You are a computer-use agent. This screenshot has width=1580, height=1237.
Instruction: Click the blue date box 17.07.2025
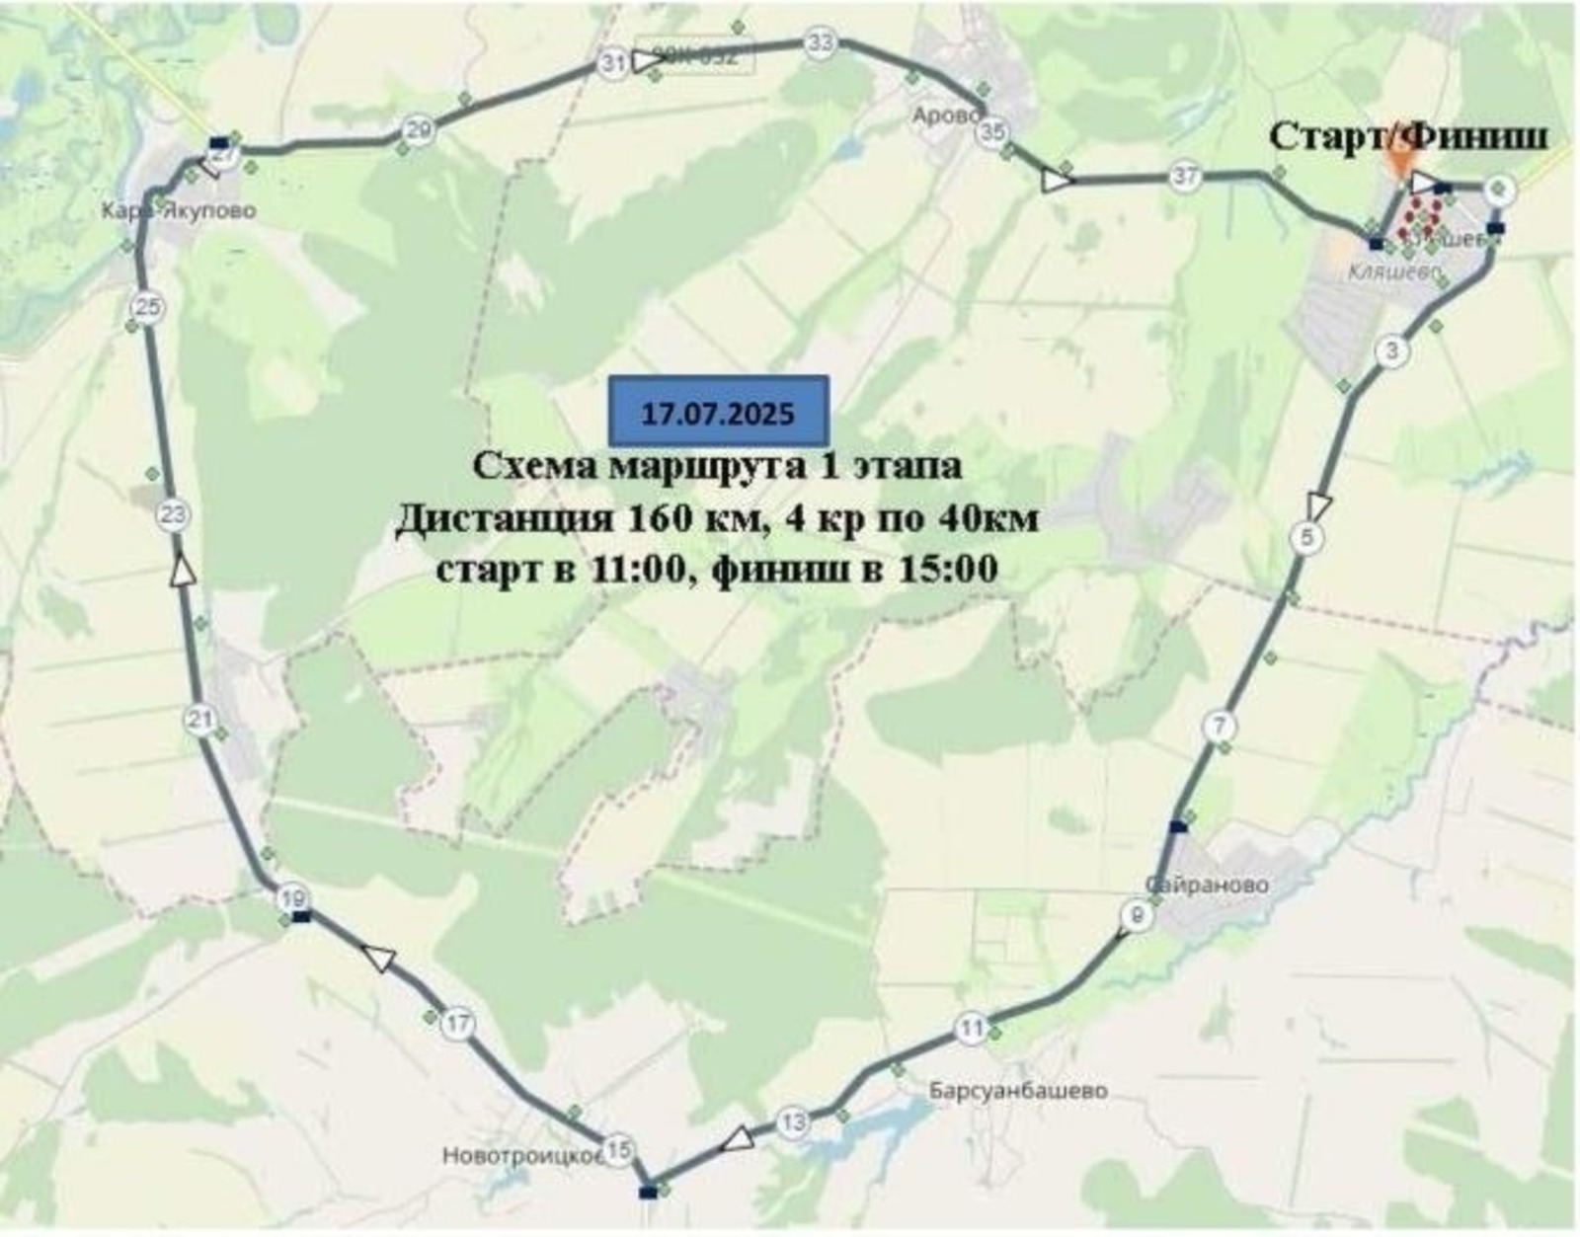click(x=718, y=412)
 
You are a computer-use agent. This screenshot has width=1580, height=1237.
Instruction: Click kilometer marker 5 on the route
click(x=1307, y=538)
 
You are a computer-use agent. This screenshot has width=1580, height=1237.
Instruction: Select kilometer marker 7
click(x=1220, y=727)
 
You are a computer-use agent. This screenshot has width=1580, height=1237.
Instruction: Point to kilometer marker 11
click(x=972, y=1029)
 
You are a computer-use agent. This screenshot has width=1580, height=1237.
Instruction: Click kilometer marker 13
click(x=792, y=1122)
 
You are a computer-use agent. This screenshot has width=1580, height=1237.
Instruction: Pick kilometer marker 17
click(x=457, y=1024)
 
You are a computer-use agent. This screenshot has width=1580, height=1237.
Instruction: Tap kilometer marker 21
click(x=200, y=720)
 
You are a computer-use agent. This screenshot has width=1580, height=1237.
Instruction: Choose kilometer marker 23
click(x=174, y=514)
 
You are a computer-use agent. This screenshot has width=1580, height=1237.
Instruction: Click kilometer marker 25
click(x=148, y=307)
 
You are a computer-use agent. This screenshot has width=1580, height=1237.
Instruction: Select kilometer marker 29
click(x=419, y=130)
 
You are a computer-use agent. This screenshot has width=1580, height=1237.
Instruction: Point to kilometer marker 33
click(x=820, y=42)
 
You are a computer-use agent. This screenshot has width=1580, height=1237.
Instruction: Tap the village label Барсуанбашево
click(x=1018, y=1091)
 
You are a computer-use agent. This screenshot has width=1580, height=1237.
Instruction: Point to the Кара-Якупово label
click(x=178, y=210)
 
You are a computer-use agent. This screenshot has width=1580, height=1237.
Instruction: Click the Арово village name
click(x=946, y=116)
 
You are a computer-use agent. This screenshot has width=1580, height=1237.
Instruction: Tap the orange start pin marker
click(x=1400, y=160)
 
